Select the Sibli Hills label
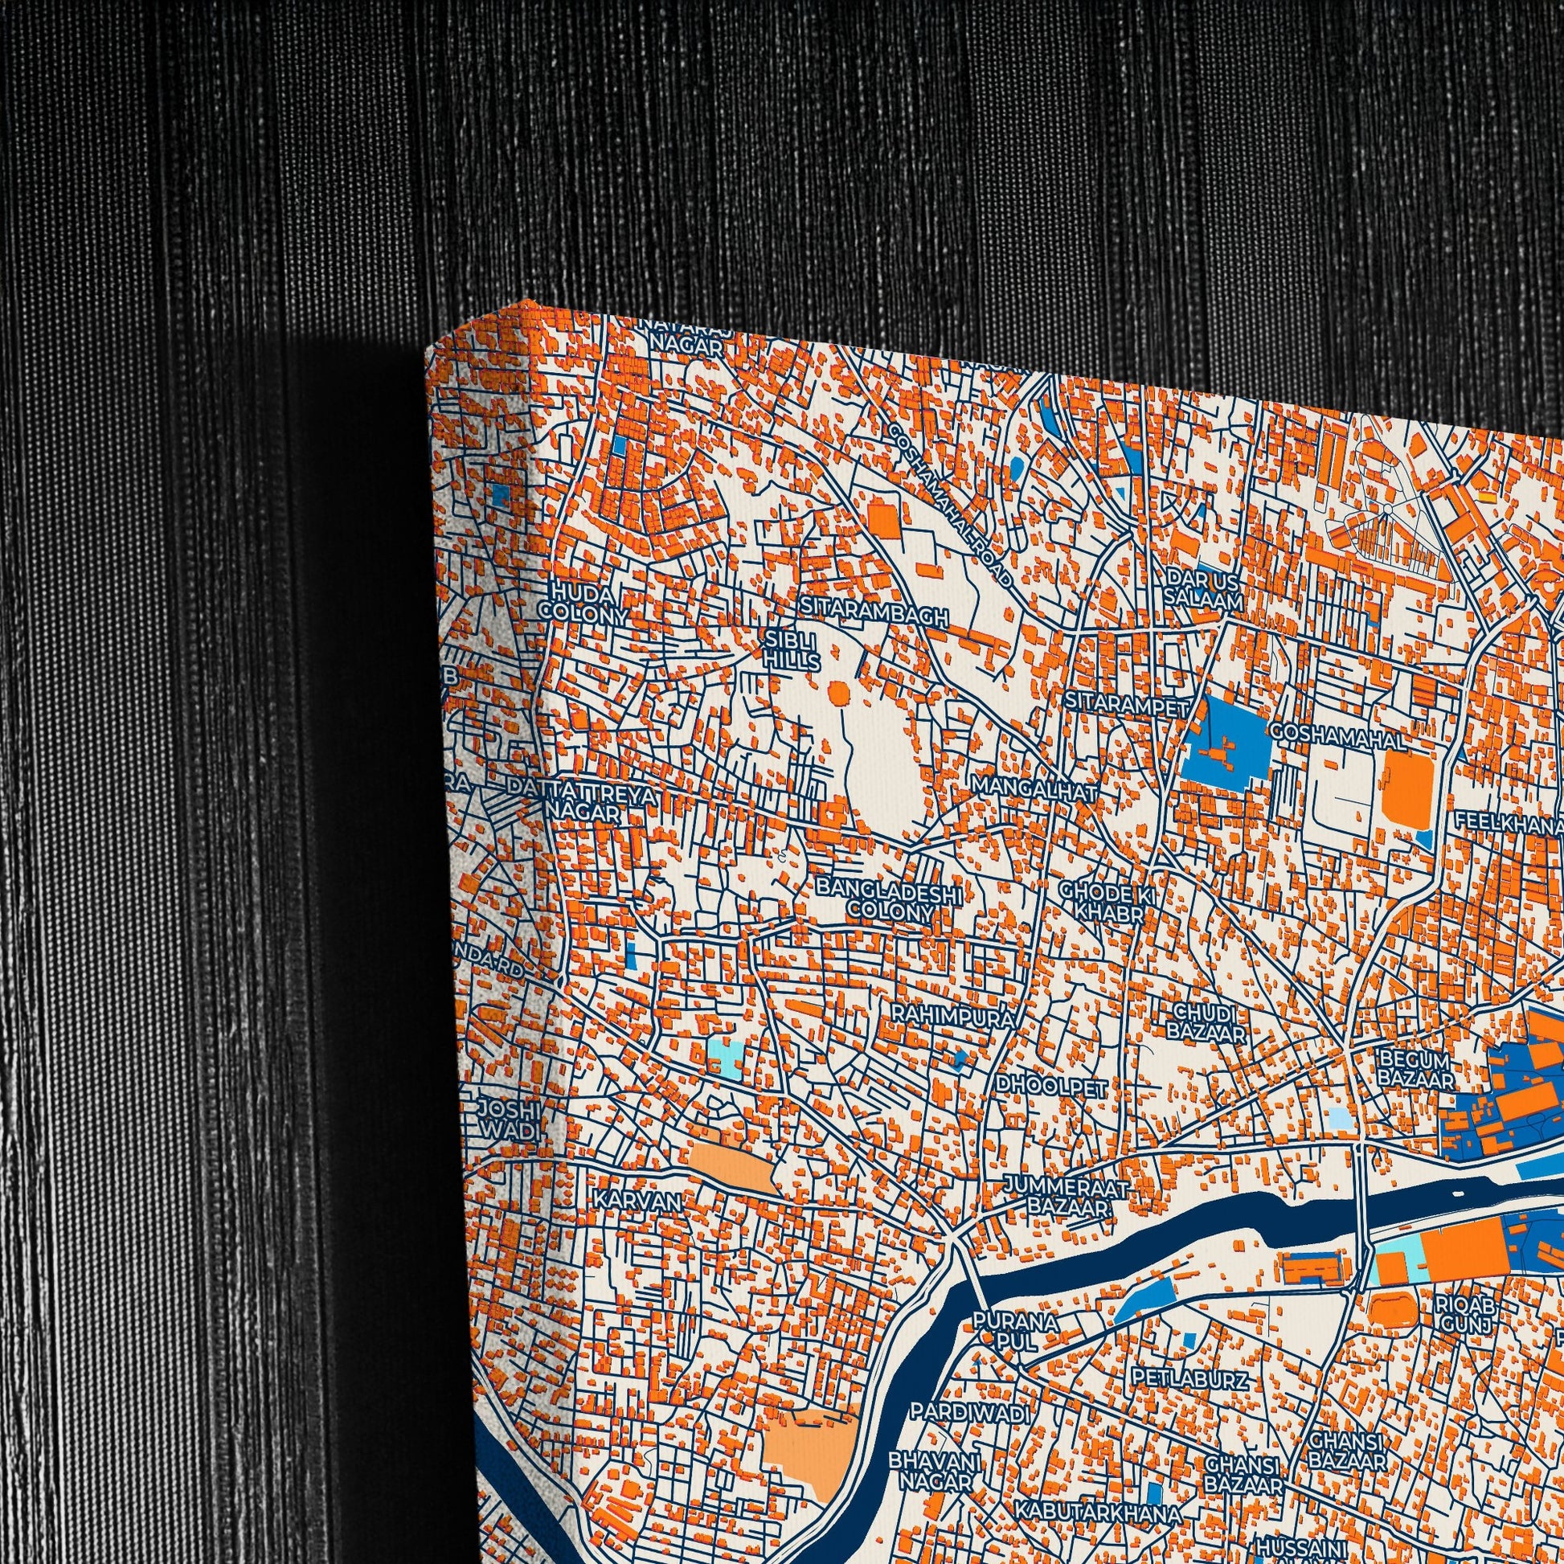point(791,650)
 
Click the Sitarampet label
point(1127,704)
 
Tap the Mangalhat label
point(1035,788)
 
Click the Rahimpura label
point(953,1017)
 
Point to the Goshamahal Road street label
point(950,506)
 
